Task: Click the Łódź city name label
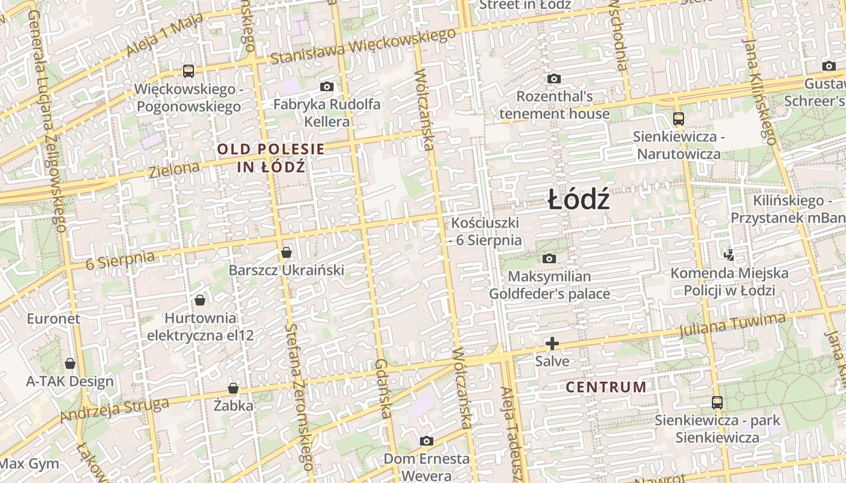point(578,200)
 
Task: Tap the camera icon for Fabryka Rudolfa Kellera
point(327,86)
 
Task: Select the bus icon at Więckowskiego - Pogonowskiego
point(189,71)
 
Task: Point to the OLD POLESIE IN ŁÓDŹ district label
point(271,158)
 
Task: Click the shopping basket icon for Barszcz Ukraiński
point(286,252)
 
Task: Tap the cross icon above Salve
point(552,344)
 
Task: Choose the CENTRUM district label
point(605,387)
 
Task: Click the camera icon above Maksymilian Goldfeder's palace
point(549,258)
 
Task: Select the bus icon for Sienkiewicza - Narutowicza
point(678,119)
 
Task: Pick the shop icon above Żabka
point(233,388)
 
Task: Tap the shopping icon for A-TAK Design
point(70,363)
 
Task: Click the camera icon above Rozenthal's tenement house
point(554,78)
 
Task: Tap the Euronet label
point(53,318)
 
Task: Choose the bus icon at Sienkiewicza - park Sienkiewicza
point(717,402)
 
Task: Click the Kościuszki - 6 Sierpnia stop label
point(486,231)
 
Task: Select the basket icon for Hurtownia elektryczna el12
point(200,300)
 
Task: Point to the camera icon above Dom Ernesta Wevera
point(427,441)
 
